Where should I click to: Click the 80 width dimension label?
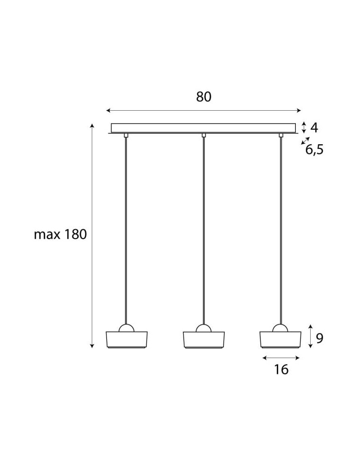[204, 97]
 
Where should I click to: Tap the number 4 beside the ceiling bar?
[314, 127]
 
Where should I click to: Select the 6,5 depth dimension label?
[314, 150]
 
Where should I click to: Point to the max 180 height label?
[60, 234]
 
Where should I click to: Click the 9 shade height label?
[320, 338]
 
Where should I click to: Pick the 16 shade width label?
[281, 370]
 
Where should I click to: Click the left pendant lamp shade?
[127, 339]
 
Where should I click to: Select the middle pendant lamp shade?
[204, 339]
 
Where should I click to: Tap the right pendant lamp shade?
[280, 339]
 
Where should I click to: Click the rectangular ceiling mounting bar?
[203, 128]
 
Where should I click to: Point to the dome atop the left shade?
[127, 328]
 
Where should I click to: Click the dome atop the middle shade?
[204, 328]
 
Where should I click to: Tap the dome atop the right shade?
[280, 328]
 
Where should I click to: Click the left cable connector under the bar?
[127, 135]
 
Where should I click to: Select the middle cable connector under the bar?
[204, 135]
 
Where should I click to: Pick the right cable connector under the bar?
[281, 135]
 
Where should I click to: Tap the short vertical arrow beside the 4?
[303, 127]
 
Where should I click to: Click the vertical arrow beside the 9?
[311, 336]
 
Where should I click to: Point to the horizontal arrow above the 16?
[281, 358]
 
